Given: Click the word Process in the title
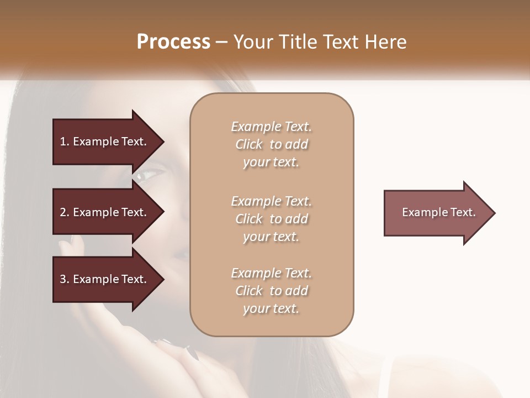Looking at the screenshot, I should tap(173, 42).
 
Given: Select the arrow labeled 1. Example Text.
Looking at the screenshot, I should tap(105, 142).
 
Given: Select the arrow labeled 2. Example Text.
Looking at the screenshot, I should tap(105, 212).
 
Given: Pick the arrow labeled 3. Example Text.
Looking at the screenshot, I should tap(105, 279).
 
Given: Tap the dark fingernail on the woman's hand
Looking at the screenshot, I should tap(192, 353).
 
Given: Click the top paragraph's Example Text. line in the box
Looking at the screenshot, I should tap(271, 127).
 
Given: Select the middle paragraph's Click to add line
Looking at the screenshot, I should tap(271, 219).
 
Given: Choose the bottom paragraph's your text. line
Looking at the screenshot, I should tap(271, 308).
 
